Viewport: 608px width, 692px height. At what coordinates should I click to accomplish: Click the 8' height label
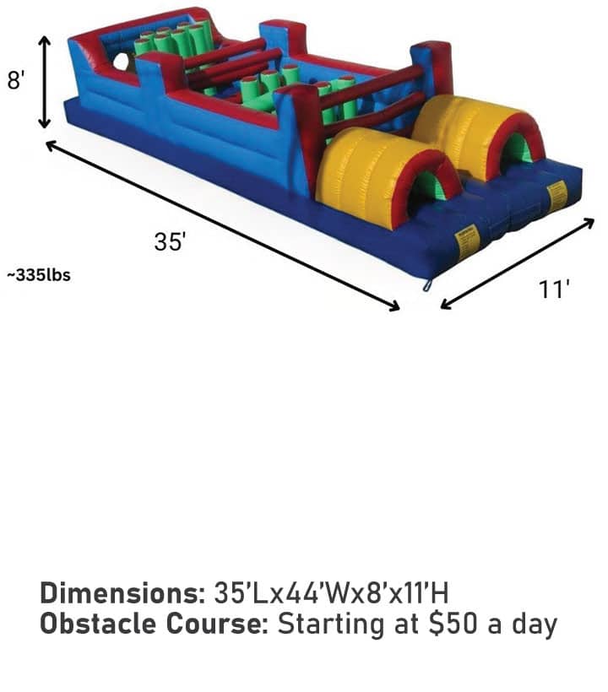[x=16, y=80]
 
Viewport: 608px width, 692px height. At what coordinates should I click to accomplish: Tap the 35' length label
[x=171, y=242]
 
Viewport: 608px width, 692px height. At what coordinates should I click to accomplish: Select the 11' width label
[x=554, y=289]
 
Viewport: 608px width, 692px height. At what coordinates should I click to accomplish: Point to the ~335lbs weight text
[x=39, y=275]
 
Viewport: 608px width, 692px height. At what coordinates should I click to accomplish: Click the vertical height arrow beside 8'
[x=44, y=82]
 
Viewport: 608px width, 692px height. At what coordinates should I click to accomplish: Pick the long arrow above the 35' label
[x=223, y=225]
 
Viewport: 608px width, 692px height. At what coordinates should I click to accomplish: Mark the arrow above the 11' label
[x=518, y=263]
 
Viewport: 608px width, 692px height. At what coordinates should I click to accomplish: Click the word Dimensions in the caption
[x=122, y=592]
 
